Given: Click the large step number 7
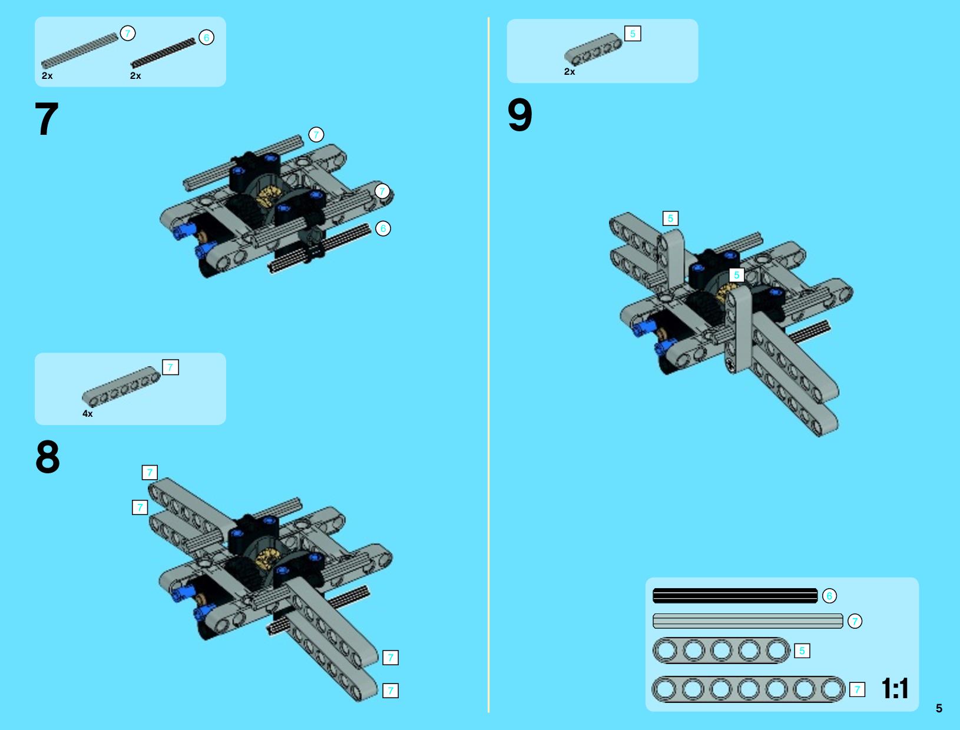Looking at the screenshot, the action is [x=47, y=118].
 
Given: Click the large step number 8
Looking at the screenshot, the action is [x=48, y=456].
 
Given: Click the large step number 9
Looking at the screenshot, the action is [x=520, y=115].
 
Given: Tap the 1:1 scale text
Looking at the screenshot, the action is [x=895, y=688].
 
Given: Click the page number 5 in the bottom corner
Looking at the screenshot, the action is [x=939, y=708].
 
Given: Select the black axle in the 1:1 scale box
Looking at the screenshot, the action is [x=735, y=595].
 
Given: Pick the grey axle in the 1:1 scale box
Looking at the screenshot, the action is [x=747, y=620].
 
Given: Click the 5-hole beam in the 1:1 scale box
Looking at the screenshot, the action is [x=721, y=650].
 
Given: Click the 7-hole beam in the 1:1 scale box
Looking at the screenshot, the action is [x=749, y=689].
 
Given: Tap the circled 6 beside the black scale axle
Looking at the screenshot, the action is [x=829, y=595].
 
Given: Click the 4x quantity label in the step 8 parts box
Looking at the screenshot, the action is [x=88, y=413].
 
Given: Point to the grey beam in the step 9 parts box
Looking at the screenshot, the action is [x=594, y=48].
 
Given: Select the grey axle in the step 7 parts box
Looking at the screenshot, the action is [x=80, y=51].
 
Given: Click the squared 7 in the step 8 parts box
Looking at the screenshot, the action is [x=170, y=367].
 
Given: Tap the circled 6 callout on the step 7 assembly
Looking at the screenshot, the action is [x=383, y=228].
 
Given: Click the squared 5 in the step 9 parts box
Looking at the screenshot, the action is [x=633, y=34].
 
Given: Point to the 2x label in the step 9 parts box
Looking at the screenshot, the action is [x=570, y=72].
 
